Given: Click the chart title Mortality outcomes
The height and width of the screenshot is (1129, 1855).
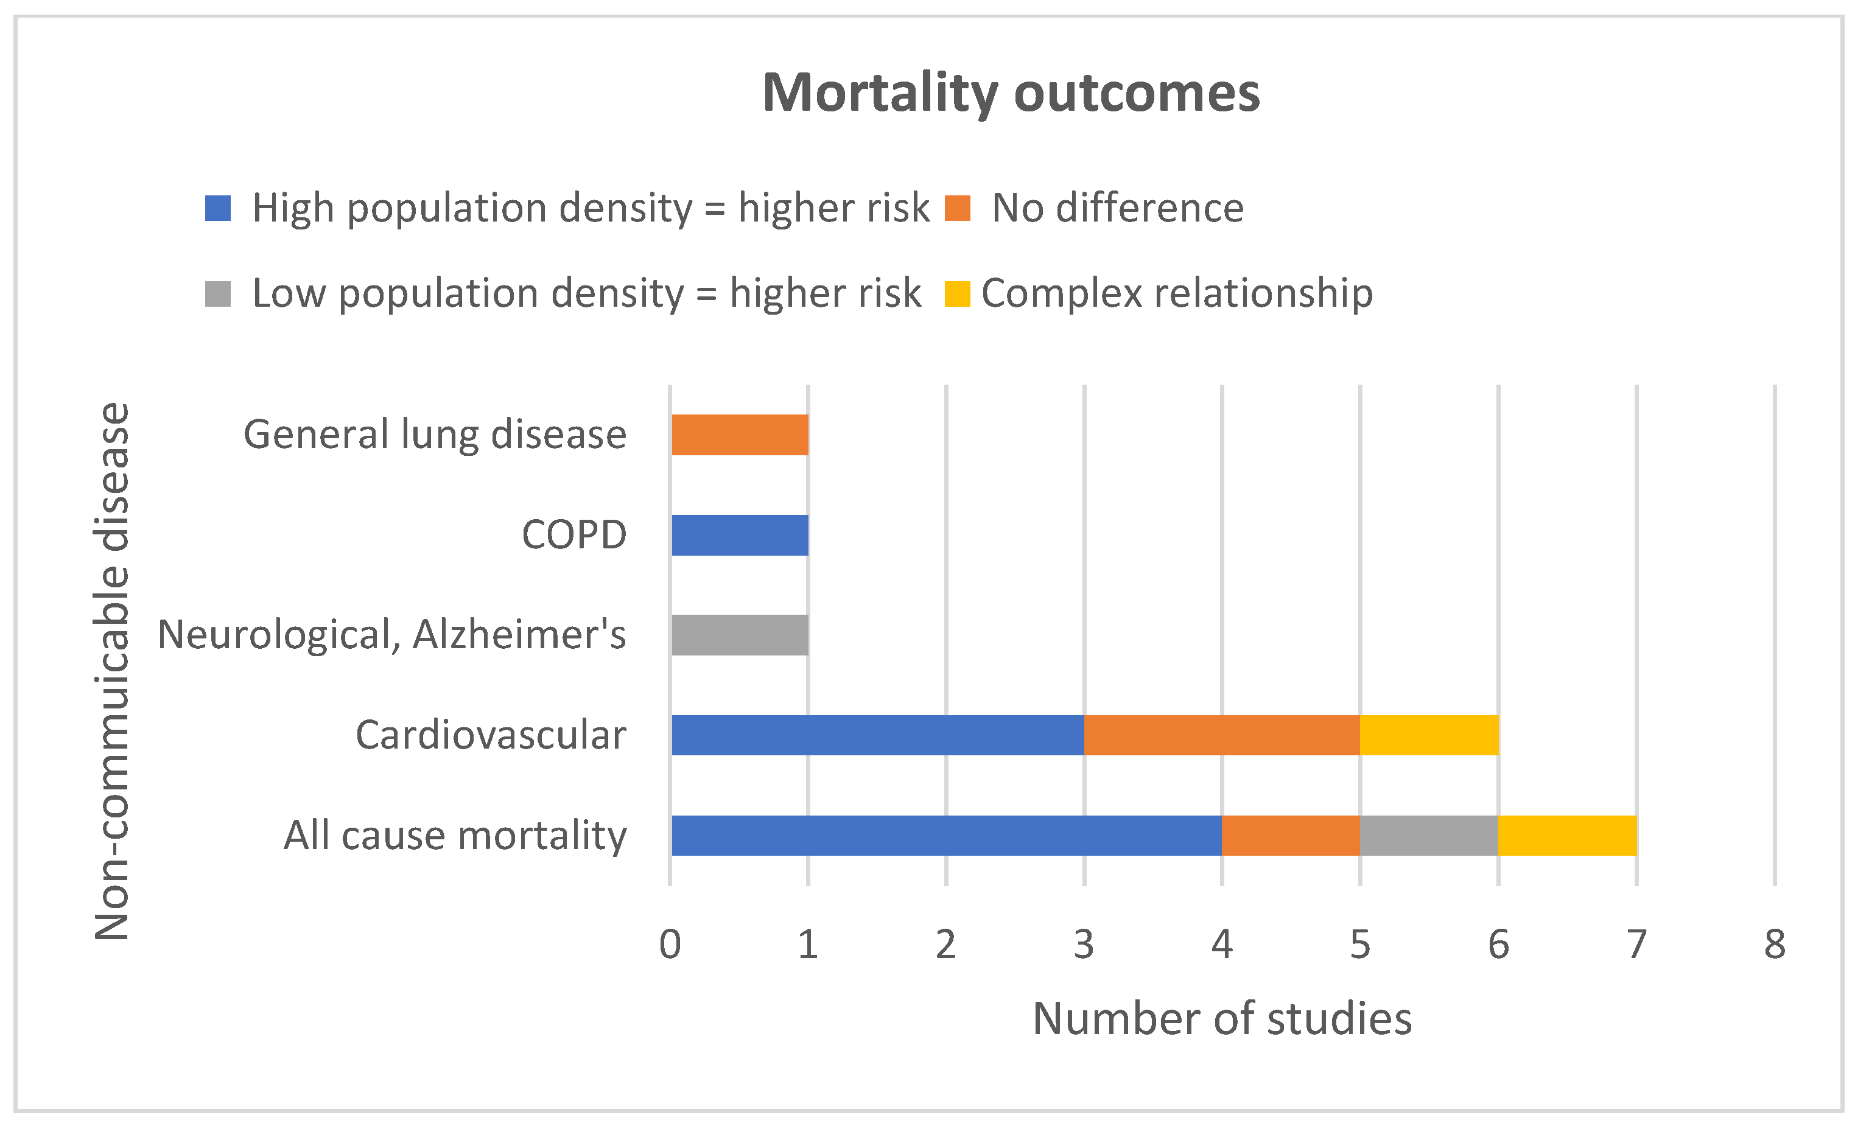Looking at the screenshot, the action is [1011, 93].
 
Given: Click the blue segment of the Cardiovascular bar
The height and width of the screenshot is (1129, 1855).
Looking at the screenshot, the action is [878, 735].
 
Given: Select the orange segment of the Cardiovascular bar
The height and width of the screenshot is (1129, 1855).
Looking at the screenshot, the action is [1222, 735].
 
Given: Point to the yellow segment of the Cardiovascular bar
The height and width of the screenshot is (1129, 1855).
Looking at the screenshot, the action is [1429, 735].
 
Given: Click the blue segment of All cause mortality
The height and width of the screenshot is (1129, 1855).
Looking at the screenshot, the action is [946, 836].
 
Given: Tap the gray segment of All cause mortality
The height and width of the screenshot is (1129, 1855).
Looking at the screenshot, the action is [1429, 836].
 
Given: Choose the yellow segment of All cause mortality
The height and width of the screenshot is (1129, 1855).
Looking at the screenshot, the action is [1568, 836].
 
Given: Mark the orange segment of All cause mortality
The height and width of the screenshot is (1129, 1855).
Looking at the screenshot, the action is [1291, 836].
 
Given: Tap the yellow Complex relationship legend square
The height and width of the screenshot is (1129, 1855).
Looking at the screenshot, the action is [958, 293].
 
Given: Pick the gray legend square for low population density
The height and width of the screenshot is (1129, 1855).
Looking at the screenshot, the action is [217, 293].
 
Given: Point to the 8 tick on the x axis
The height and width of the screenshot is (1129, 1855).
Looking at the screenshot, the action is [1775, 945].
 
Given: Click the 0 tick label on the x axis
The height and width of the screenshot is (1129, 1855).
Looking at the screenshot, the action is [670, 945].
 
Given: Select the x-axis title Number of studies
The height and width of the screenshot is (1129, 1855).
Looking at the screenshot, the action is [1222, 1019].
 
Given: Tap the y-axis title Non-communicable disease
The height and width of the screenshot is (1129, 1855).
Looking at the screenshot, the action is [112, 671].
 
